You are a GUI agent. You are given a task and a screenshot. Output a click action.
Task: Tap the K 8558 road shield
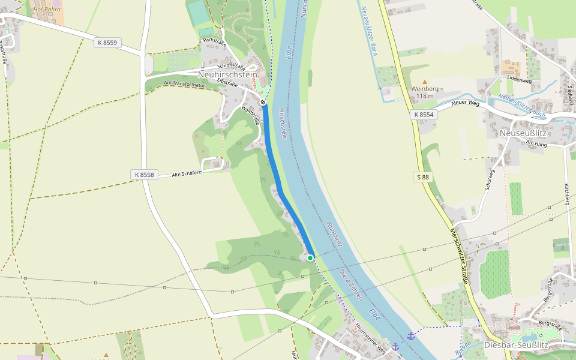[143, 175]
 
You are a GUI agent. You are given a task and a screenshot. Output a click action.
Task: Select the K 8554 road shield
[423, 114]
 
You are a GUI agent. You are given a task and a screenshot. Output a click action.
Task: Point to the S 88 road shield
[424, 177]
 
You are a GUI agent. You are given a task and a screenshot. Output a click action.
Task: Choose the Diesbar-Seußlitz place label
[516, 346]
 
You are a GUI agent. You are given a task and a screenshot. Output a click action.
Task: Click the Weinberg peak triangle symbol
[425, 81]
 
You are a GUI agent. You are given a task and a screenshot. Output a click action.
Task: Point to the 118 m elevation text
[425, 96]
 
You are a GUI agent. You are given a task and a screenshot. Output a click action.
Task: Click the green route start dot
[310, 257]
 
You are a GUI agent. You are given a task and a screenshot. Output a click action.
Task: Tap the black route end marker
[263, 102]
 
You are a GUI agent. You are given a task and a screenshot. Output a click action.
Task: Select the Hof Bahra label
[47, 10]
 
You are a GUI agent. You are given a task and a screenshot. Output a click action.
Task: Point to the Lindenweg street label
[519, 80]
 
